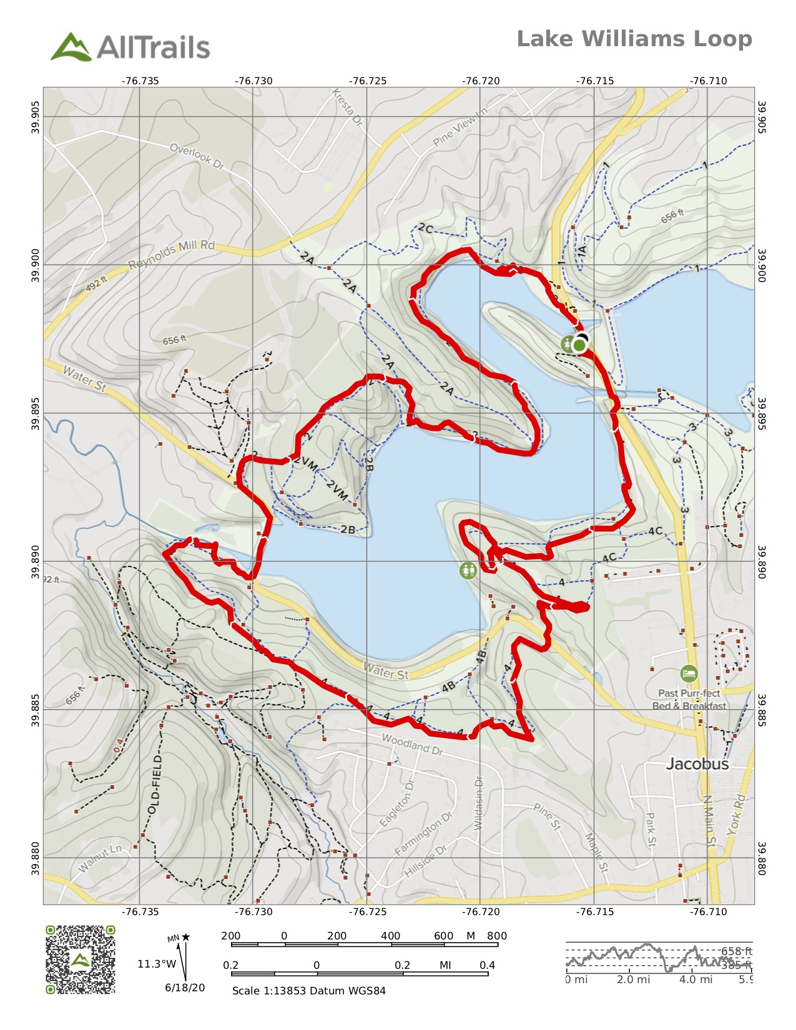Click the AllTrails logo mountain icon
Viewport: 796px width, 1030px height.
pos(71,47)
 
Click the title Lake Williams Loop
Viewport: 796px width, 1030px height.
pos(634,39)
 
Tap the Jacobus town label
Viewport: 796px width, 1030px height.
pos(697,763)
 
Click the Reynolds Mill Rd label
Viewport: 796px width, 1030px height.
pos(172,254)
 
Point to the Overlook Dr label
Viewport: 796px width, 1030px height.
pos(197,156)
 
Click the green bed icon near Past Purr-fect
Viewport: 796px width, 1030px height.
pos(688,674)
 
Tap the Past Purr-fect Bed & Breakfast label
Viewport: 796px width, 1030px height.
pos(689,700)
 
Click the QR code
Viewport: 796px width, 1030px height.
pos(80,959)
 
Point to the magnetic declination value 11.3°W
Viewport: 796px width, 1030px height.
pos(157,964)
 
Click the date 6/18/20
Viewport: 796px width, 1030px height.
pos(185,988)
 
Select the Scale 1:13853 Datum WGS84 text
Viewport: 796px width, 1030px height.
pos(308,991)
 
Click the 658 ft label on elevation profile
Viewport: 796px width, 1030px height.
pos(737,951)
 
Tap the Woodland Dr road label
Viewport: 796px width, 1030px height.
pos(411,744)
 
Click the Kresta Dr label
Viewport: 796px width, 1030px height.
pos(347,107)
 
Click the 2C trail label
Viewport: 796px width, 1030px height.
pos(425,228)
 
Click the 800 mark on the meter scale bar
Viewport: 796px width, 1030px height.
pos(496,936)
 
